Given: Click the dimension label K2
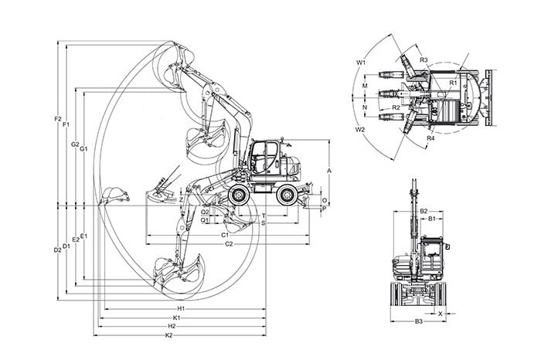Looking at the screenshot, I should pyautogui.click(x=168, y=335).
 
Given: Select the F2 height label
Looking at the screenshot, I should pyautogui.click(x=58, y=119).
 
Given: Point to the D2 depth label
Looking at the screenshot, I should pyautogui.click(x=57, y=250).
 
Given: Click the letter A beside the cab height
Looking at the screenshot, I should pyautogui.click(x=328, y=169).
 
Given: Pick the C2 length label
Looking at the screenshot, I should pyautogui.click(x=228, y=244).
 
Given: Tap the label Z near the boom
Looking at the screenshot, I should pyautogui.click(x=179, y=199).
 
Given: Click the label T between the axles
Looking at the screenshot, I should pyautogui.click(x=264, y=216).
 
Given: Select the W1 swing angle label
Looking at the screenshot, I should pyautogui.click(x=361, y=61).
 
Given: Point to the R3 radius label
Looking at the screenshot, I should pyautogui.click(x=424, y=59).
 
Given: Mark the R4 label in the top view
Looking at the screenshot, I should pyautogui.click(x=430, y=138).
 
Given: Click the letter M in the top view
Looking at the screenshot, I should pyautogui.click(x=364, y=86).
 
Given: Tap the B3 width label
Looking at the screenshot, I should pyautogui.click(x=418, y=321).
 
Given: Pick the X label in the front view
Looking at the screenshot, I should pyautogui.click(x=440, y=314).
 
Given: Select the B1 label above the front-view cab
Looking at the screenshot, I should pyautogui.click(x=433, y=219).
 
